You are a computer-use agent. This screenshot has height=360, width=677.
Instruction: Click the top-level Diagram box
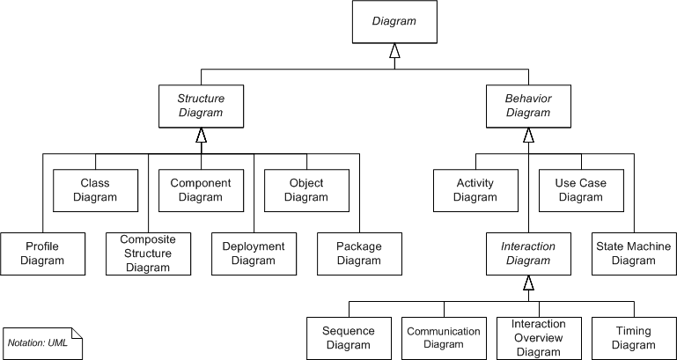coord(394,22)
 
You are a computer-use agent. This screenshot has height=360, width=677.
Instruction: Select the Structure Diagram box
coord(201,106)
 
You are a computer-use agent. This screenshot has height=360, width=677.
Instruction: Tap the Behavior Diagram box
coord(528,106)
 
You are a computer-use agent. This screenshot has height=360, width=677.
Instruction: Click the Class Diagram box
coord(95,190)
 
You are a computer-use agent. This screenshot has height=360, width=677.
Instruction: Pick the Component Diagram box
coord(201,190)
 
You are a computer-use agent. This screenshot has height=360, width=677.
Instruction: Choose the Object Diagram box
coord(306,190)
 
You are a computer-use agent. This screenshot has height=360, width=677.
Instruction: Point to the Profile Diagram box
coord(42,253)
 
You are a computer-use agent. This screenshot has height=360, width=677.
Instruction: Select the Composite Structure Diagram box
coord(148,253)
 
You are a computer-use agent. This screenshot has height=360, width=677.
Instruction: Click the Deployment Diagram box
coord(254,253)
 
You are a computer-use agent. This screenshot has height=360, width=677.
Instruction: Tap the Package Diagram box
coord(359,253)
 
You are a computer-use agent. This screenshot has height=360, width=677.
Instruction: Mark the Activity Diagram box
coord(475,190)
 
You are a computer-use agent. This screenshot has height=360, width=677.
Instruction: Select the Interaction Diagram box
coord(528,253)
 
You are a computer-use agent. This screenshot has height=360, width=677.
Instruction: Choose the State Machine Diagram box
coord(634,253)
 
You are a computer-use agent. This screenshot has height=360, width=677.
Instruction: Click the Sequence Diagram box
coord(349,338)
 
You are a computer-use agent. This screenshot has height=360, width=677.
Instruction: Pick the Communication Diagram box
coord(444,338)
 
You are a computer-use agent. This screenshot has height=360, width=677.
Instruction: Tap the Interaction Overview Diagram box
coord(539,338)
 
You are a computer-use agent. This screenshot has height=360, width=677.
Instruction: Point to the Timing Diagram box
coord(634,338)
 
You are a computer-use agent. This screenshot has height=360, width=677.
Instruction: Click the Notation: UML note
coord(42,342)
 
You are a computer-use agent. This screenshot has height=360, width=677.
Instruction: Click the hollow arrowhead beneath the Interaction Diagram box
coord(528,283)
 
